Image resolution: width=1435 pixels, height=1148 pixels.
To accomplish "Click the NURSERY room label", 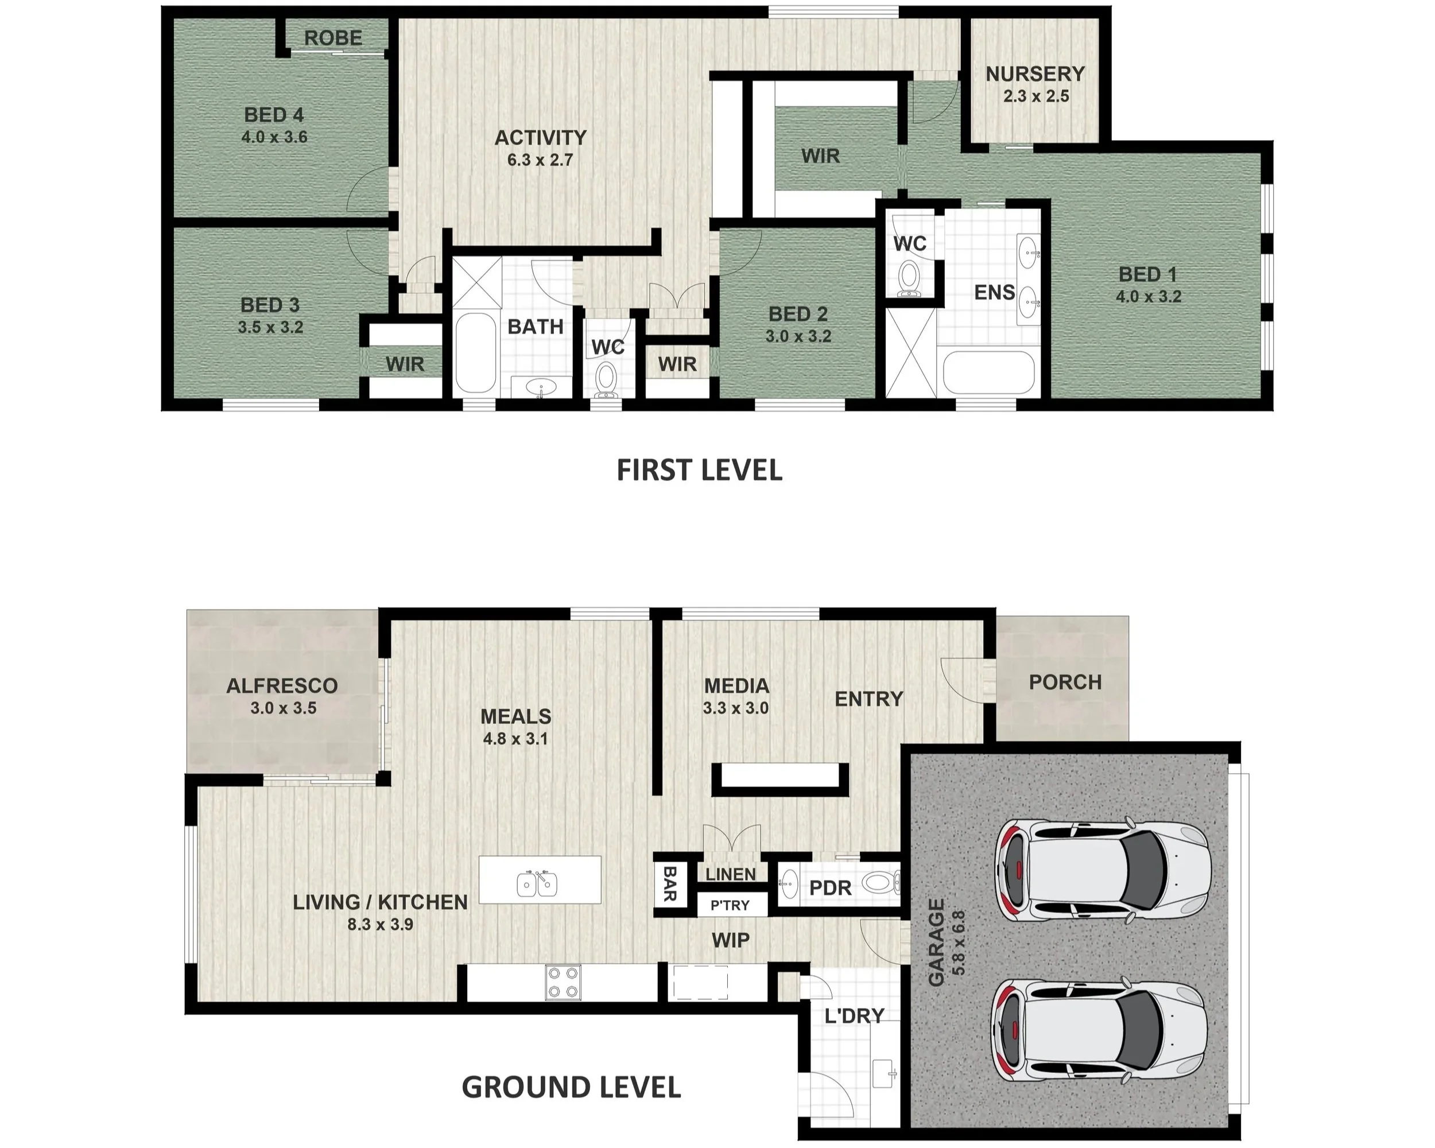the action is [x=1035, y=73].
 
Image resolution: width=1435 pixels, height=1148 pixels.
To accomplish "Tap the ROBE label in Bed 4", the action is [x=333, y=38].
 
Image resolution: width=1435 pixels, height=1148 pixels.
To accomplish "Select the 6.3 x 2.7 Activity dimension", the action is [x=540, y=160].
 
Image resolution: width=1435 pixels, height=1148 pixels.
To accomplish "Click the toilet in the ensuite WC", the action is [x=908, y=278].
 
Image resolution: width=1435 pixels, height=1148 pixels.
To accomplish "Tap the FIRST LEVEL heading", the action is [x=699, y=470].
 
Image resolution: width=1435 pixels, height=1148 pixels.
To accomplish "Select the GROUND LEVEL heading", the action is [x=571, y=1087].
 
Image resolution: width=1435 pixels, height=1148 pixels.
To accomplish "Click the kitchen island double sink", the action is [x=538, y=883].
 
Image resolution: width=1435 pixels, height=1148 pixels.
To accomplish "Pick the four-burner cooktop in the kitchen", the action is [x=563, y=982].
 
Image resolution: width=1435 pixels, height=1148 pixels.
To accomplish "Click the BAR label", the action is [x=669, y=883].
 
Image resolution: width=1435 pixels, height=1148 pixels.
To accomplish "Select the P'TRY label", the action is [x=730, y=905].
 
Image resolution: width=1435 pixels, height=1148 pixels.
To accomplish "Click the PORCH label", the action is [x=1065, y=682].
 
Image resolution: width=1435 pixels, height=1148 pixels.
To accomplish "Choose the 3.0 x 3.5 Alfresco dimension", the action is [x=283, y=708].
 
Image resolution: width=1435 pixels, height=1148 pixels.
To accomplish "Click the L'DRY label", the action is [x=854, y=1016].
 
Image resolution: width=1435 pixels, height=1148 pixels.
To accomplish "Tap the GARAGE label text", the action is [x=936, y=943].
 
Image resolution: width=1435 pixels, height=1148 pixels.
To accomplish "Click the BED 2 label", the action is [x=797, y=313].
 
